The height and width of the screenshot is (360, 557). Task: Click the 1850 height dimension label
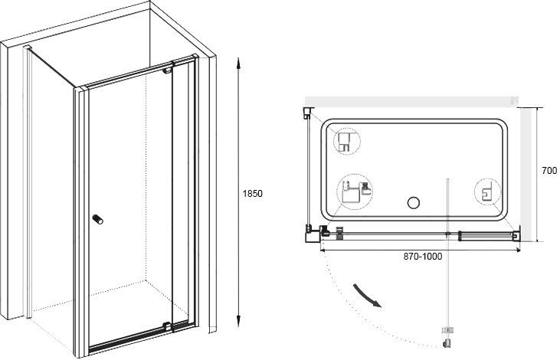253,194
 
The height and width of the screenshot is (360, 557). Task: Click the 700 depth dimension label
549,170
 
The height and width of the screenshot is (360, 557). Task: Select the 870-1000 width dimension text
423,257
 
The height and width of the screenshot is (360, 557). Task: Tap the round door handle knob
98,219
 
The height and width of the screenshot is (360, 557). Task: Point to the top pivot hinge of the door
167,70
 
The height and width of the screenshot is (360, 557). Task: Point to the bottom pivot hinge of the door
167,326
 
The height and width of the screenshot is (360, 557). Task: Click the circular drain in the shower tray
414,203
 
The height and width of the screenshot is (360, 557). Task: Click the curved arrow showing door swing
366,296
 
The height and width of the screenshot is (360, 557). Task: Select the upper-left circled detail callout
347,141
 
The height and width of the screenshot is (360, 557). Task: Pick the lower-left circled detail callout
355,192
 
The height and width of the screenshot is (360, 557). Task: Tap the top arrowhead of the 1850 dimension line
239,62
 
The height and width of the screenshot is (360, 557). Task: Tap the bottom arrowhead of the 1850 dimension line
239,321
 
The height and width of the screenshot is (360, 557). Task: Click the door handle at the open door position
447,343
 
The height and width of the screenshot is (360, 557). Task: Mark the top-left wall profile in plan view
308,113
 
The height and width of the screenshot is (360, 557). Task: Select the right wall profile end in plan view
516,236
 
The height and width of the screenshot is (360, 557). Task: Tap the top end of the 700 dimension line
537,107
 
